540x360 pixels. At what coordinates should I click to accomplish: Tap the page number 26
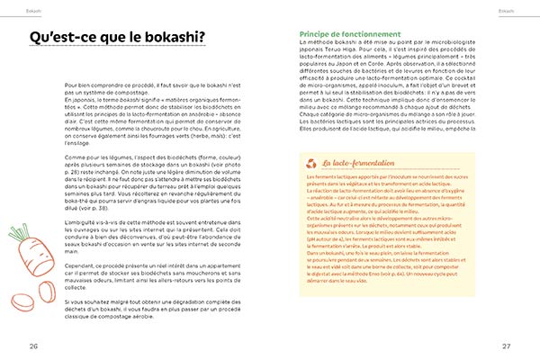33,345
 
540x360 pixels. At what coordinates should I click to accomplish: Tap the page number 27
506,345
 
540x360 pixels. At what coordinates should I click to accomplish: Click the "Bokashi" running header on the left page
13,4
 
